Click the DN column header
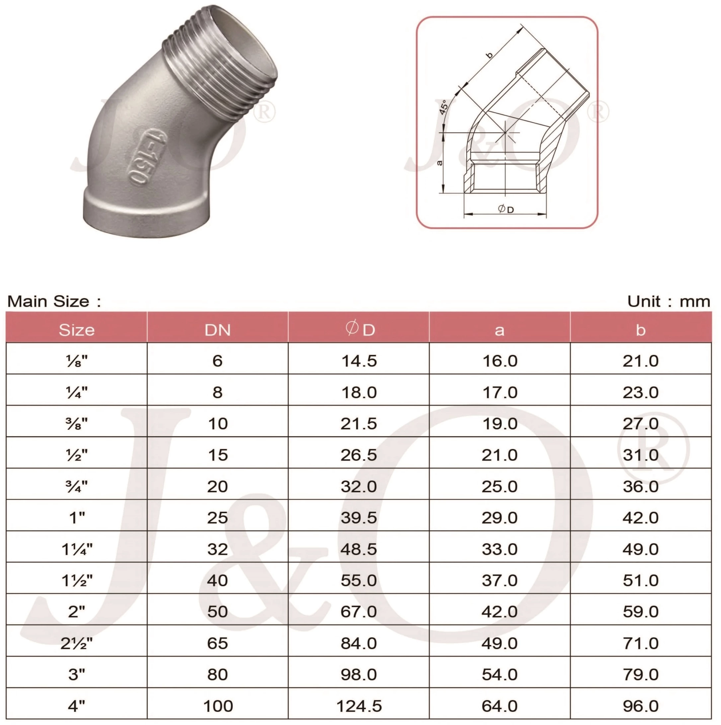217,330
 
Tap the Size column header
77,330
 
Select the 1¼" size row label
77,549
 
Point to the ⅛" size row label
77,361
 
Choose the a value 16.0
500,361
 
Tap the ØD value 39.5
359,518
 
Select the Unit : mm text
669,301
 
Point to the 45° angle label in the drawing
443,108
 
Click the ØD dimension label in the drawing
506,209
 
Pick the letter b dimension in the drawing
489,55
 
